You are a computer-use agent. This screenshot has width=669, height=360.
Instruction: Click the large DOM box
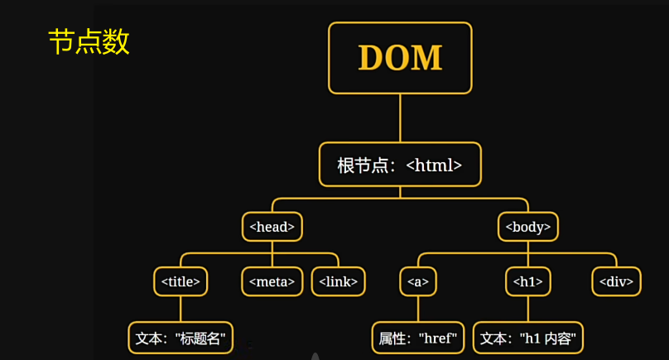point(400,58)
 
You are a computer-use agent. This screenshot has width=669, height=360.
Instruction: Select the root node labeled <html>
point(400,165)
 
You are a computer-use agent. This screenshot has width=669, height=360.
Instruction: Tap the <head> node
point(272,226)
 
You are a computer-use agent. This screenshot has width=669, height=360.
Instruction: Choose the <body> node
point(528,226)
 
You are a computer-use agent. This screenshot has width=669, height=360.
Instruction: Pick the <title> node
point(180,281)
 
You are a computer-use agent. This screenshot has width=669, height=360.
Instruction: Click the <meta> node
point(272,281)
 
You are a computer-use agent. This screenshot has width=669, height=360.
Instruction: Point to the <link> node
point(338,281)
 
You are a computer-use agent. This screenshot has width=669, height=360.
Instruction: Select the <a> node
point(417,281)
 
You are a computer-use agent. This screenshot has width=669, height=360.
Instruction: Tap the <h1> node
point(528,281)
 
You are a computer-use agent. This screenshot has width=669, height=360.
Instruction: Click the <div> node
point(617,281)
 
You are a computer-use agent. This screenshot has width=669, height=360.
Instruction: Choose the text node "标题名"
point(180,338)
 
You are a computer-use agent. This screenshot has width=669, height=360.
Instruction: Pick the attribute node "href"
point(417,338)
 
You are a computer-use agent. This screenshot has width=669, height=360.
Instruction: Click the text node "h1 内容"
point(528,338)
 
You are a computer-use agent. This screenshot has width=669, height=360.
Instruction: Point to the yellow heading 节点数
point(89,42)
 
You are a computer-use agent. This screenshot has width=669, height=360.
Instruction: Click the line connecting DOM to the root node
point(400,118)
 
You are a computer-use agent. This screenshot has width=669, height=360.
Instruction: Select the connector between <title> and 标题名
point(180,309)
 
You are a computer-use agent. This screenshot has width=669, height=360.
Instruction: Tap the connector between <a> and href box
point(417,309)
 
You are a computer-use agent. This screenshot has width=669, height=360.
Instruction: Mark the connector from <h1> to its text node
point(528,309)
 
